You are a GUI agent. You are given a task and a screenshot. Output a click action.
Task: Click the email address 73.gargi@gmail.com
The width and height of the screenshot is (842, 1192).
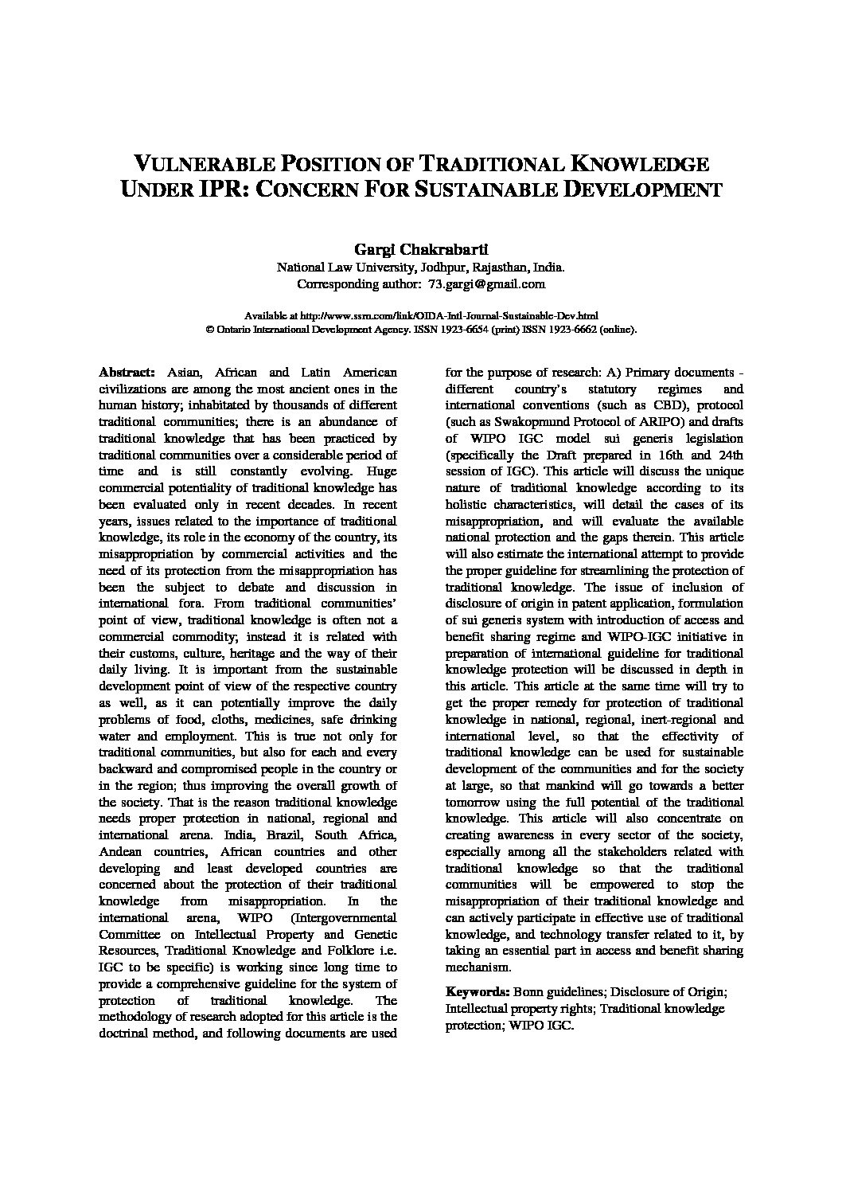pyautogui.click(x=486, y=283)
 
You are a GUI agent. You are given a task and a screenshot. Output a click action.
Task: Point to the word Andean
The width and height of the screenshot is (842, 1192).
pyautogui.click(x=119, y=851)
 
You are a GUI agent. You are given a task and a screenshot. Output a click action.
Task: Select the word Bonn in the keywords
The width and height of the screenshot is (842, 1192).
pyautogui.click(x=528, y=992)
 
